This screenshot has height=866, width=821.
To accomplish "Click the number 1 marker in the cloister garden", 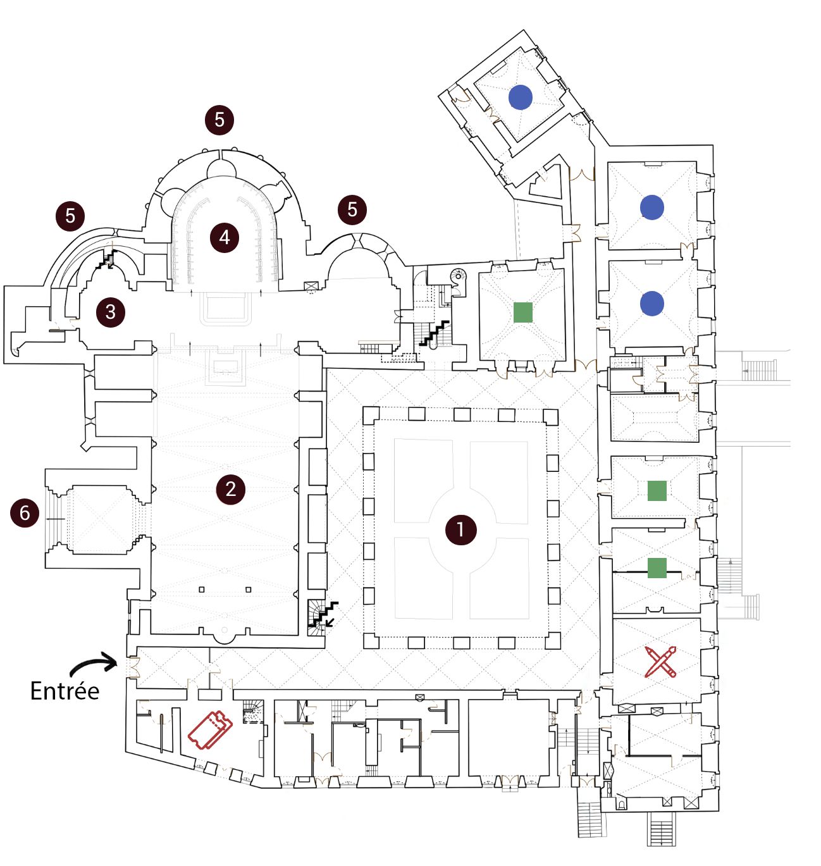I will point(460,529).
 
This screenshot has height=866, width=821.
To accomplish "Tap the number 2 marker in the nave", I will point(230,488).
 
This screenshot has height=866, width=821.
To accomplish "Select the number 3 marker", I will point(111,311).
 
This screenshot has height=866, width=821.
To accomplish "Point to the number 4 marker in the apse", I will point(225,237).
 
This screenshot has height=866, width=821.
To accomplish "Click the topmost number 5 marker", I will point(219,120).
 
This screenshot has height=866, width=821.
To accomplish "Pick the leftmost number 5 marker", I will point(70,216).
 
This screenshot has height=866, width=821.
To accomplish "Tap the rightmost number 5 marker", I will point(352,209).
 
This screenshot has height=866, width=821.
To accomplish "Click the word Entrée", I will point(65,690).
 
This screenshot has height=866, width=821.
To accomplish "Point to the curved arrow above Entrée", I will point(94,664).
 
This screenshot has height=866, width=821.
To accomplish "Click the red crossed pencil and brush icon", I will point(660,661).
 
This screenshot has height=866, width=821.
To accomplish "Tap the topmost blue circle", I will point(521,97).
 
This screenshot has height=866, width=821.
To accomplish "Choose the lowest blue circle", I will point(652,304).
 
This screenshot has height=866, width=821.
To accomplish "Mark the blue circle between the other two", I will point(652,207).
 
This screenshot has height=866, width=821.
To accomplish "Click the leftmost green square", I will point(522,312).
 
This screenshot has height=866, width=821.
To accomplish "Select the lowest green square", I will point(657,567).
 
